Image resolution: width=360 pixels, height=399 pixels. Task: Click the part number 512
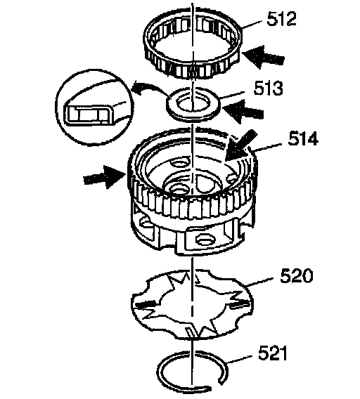[x=282, y=18]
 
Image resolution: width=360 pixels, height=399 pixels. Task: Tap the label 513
[x=268, y=89]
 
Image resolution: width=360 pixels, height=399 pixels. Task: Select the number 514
[x=303, y=138]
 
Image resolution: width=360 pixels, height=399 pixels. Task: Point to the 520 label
[x=296, y=275]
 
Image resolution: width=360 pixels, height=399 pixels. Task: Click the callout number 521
[x=273, y=353]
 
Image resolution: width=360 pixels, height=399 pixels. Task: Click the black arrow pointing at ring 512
[x=263, y=57]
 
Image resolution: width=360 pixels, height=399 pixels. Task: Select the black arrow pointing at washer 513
[x=243, y=111]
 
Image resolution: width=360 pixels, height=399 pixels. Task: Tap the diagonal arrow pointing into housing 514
[x=240, y=145]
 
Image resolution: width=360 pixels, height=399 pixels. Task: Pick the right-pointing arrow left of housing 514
[x=105, y=176]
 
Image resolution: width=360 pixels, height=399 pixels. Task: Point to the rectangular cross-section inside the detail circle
[x=88, y=115]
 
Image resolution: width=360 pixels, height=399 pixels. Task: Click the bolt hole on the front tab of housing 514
[x=203, y=240]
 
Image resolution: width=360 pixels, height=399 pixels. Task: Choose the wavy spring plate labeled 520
[x=193, y=304]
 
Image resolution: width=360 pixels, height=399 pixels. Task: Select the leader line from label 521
[x=240, y=359]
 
